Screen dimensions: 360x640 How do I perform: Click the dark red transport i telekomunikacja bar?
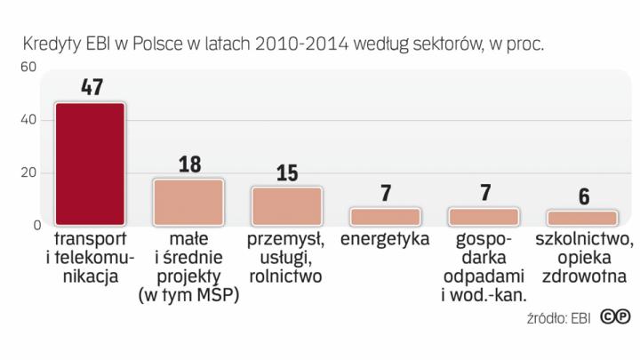click(90, 164)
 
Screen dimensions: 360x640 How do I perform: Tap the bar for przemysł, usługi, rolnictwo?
click(286, 205)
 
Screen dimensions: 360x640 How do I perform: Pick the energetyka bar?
click(385, 216)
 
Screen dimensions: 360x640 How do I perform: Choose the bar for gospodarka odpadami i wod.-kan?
click(483, 216)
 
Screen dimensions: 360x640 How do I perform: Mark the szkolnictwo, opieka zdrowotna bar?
click(581, 217)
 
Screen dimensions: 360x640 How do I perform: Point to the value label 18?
click(188, 164)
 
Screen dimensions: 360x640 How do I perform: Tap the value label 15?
click(286, 172)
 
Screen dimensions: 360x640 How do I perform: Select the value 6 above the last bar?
click(582, 196)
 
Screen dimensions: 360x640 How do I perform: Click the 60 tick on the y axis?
click(27, 67)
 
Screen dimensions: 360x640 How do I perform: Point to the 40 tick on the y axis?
click(27, 120)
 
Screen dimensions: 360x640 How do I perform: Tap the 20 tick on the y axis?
click(27, 172)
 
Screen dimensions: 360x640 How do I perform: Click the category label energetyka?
click(385, 240)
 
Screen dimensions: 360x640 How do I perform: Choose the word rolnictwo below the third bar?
click(286, 276)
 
